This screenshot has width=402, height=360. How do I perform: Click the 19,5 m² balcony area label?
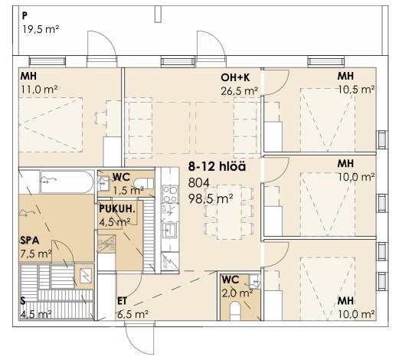pyautogui.click(x=41, y=29)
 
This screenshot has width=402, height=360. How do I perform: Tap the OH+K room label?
pyautogui.click(x=235, y=77)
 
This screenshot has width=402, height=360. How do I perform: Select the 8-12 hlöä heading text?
pyautogui.click(x=217, y=167)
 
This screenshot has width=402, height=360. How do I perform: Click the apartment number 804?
pyautogui.click(x=198, y=183)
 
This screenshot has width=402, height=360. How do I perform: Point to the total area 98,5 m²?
pyautogui.click(x=211, y=198)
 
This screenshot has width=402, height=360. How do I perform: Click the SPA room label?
pyautogui.click(x=30, y=241)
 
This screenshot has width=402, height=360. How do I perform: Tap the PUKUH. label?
pyautogui.click(x=117, y=209)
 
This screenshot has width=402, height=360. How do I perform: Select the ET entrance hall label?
pyautogui.click(x=122, y=301)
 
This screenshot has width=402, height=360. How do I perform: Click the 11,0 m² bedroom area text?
pyautogui.click(x=39, y=90)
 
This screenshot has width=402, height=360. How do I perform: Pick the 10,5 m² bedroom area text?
pyautogui.click(x=356, y=90)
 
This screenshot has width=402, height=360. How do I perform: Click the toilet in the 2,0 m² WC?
pyautogui.click(x=235, y=310)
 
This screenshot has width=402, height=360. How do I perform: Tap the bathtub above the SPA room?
pyautogui.click(x=67, y=182)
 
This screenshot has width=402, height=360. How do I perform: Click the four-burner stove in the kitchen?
pyautogui.click(x=170, y=195)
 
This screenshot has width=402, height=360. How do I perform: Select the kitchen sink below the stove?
pyautogui.click(x=170, y=230)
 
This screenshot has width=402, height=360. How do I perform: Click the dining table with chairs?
pyautogui.click(x=229, y=212)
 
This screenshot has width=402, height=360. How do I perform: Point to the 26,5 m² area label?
pyautogui.click(x=240, y=91)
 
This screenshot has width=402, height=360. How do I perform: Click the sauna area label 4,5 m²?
pyautogui.click(x=36, y=314)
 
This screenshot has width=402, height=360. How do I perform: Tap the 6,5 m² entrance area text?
pyautogui.click(x=132, y=314)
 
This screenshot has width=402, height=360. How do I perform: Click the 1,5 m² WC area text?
pyautogui.click(x=129, y=191)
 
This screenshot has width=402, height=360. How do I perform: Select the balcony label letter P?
pyautogui.click(x=25, y=16)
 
